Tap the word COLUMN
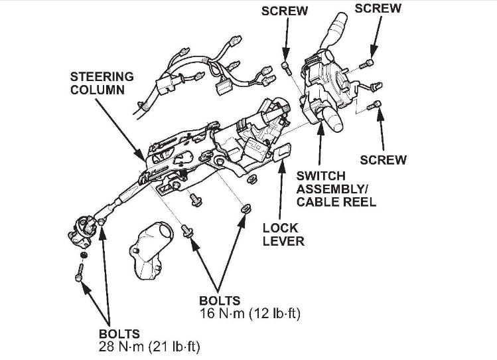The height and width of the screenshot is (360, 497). click(97, 89)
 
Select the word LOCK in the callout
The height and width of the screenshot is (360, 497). click(281, 227)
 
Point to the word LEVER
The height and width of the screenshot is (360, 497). click(283, 240)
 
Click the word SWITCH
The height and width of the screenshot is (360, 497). click(320, 176)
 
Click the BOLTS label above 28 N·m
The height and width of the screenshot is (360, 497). click(120, 333)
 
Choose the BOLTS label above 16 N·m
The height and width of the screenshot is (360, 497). click(220, 300)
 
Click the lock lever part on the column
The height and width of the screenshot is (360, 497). click(283, 152)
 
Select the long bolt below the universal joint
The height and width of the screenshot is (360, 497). click(80, 272)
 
